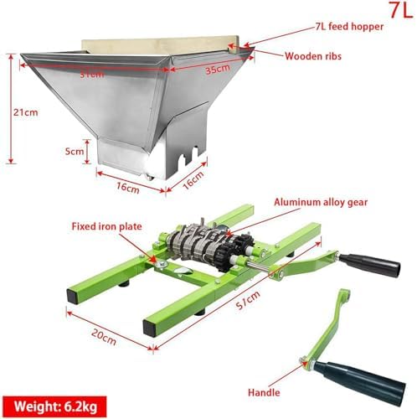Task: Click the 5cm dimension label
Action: (74, 152)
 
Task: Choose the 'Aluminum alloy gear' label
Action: (321, 203)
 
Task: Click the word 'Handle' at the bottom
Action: (265, 391)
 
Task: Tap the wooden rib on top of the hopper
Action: (159, 40)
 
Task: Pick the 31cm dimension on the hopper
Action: (93, 72)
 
